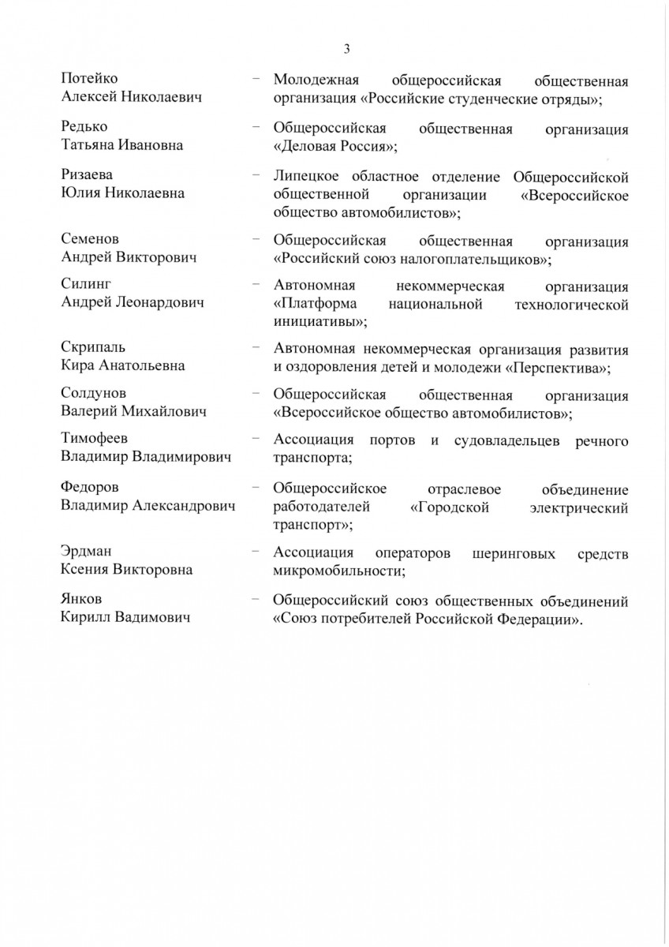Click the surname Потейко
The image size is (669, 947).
point(94,78)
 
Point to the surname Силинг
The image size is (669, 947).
point(88,283)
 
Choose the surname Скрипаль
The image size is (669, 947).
point(93,347)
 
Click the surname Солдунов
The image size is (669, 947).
point(94,393)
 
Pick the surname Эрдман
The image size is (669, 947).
point(88,552)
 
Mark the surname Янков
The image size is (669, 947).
point(82,600)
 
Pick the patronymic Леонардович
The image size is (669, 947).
point(160,302)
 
